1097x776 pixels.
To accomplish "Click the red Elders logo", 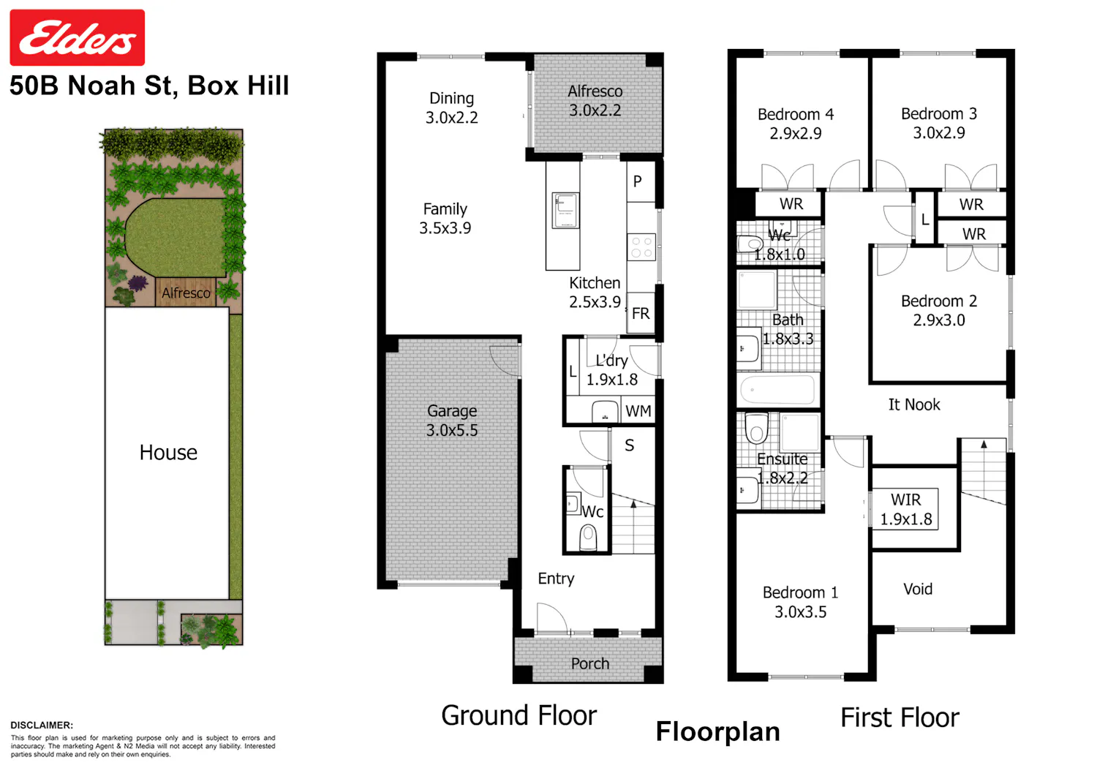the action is click(78, 37).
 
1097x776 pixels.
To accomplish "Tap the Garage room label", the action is click(451, 411).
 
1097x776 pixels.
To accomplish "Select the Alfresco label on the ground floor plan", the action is click(595, 91).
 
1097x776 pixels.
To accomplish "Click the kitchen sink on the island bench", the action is click(565, 210).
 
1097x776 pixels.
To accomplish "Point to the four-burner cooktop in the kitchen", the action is click(641, 247).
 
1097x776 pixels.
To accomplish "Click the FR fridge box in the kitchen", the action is click(641, 313).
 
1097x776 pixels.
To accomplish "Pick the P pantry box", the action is click(641, 181).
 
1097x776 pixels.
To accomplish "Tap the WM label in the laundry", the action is click(638, 411).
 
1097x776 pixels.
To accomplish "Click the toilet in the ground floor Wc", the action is click(588, 538).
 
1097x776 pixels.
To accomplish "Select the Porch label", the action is click(590, 663).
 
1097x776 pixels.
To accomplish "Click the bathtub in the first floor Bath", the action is click(777, 391).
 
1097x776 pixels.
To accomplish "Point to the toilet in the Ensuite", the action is click(757, 428).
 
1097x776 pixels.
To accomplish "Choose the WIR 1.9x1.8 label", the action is click(906, 510).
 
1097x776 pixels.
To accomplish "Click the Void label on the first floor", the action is click(918, 589).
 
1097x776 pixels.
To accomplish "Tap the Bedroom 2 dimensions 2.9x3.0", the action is click(939, 320).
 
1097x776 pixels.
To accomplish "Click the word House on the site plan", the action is click(168, 452).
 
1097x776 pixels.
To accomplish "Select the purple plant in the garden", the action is click(138, 282).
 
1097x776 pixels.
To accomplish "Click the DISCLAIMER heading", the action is click(42, 725).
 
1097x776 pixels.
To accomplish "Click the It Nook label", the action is click(914, 404).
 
